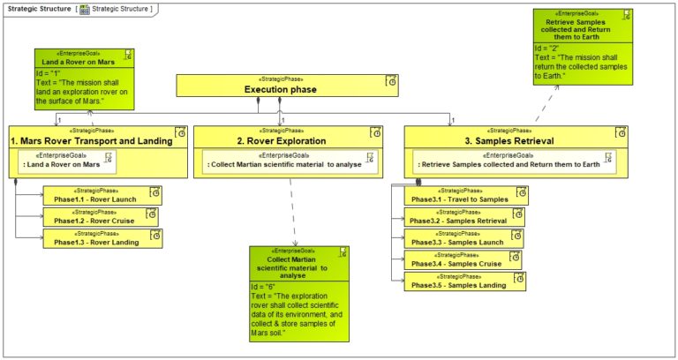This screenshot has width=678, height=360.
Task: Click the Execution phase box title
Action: pyautogui.click(x=279, y=89)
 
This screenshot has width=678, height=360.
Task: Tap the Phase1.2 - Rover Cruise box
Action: pyautogui.click(x=101, y=216)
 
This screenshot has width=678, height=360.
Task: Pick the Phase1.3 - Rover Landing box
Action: pyautogui.click(x=102, y=238)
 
